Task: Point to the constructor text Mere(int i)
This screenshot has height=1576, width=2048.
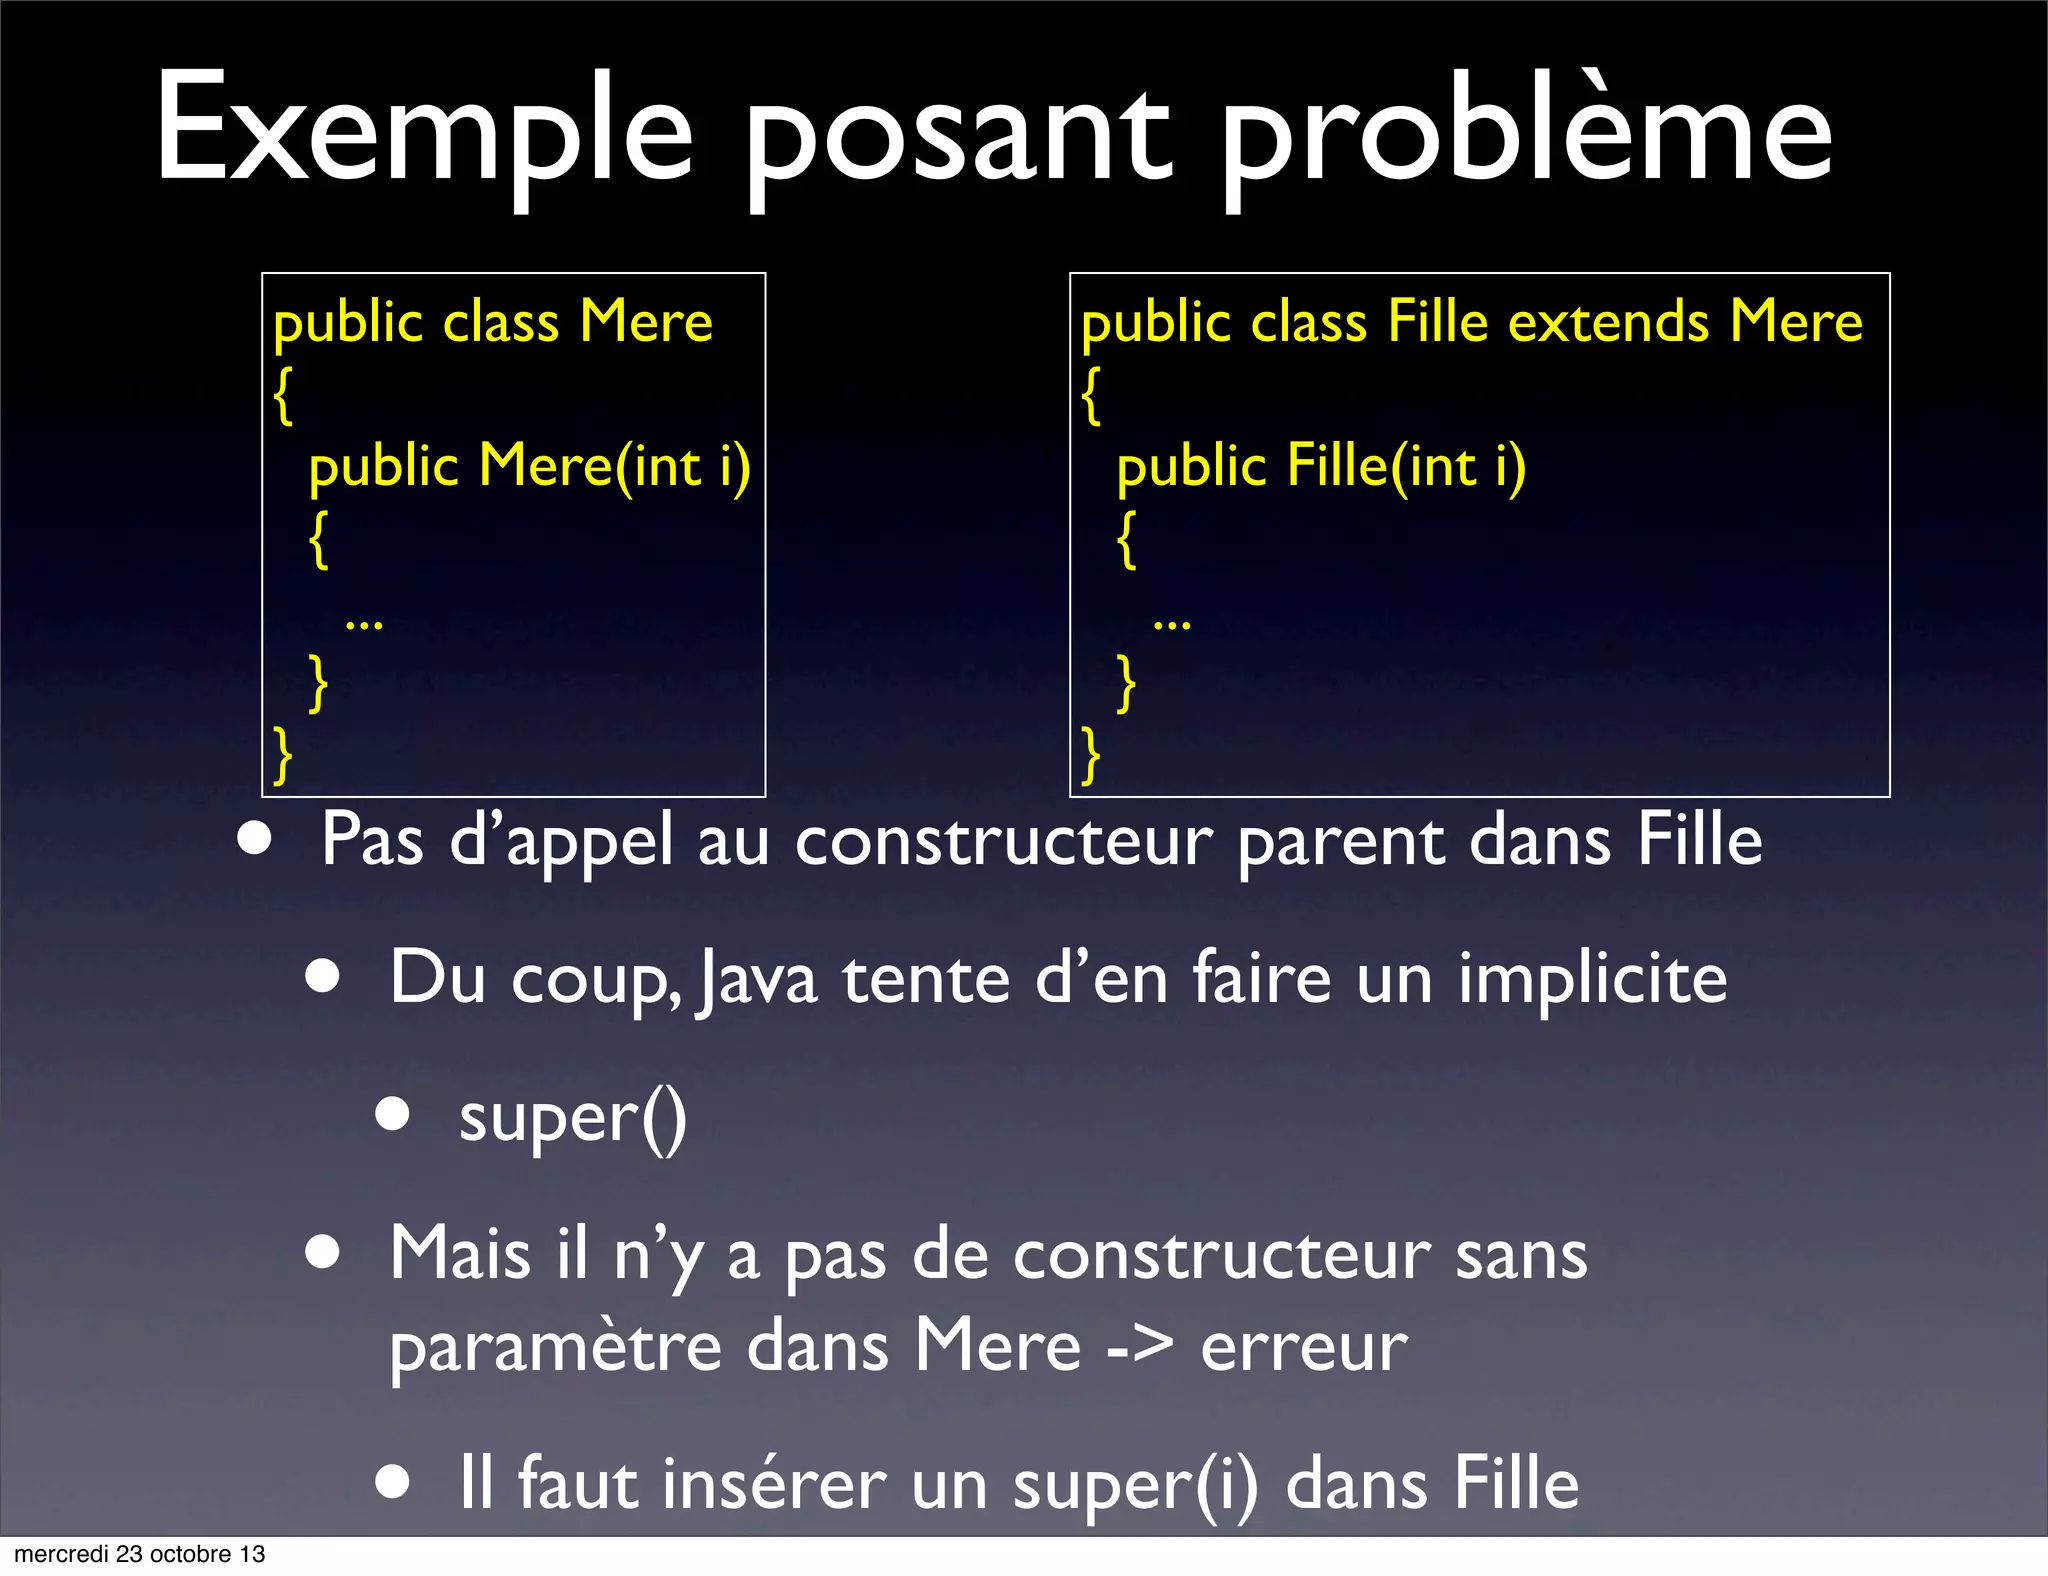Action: [614, 467]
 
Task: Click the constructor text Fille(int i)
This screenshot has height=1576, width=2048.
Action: [1406, 467]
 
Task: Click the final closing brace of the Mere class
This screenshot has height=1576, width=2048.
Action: [283, 754]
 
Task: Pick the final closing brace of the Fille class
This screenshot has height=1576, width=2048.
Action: [1091, 754]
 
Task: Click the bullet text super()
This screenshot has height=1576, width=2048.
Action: [572, 1119]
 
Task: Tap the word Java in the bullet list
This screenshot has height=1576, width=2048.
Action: [758, 980]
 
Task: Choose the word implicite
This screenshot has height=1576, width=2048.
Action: [1592, 980]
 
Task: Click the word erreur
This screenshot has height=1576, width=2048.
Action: [1304, 1347]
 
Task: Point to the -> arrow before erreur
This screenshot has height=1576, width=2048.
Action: [1140, 1347]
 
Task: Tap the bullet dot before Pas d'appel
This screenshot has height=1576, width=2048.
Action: [255, 839]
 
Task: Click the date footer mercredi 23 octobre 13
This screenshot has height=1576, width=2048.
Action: [140, 1554]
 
